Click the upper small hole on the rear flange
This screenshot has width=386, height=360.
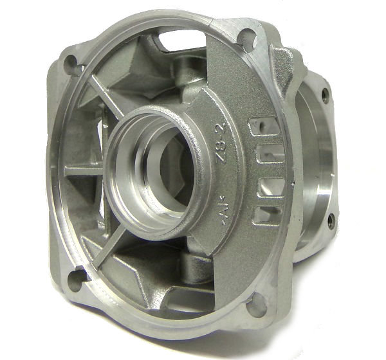tap(326, 96)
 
